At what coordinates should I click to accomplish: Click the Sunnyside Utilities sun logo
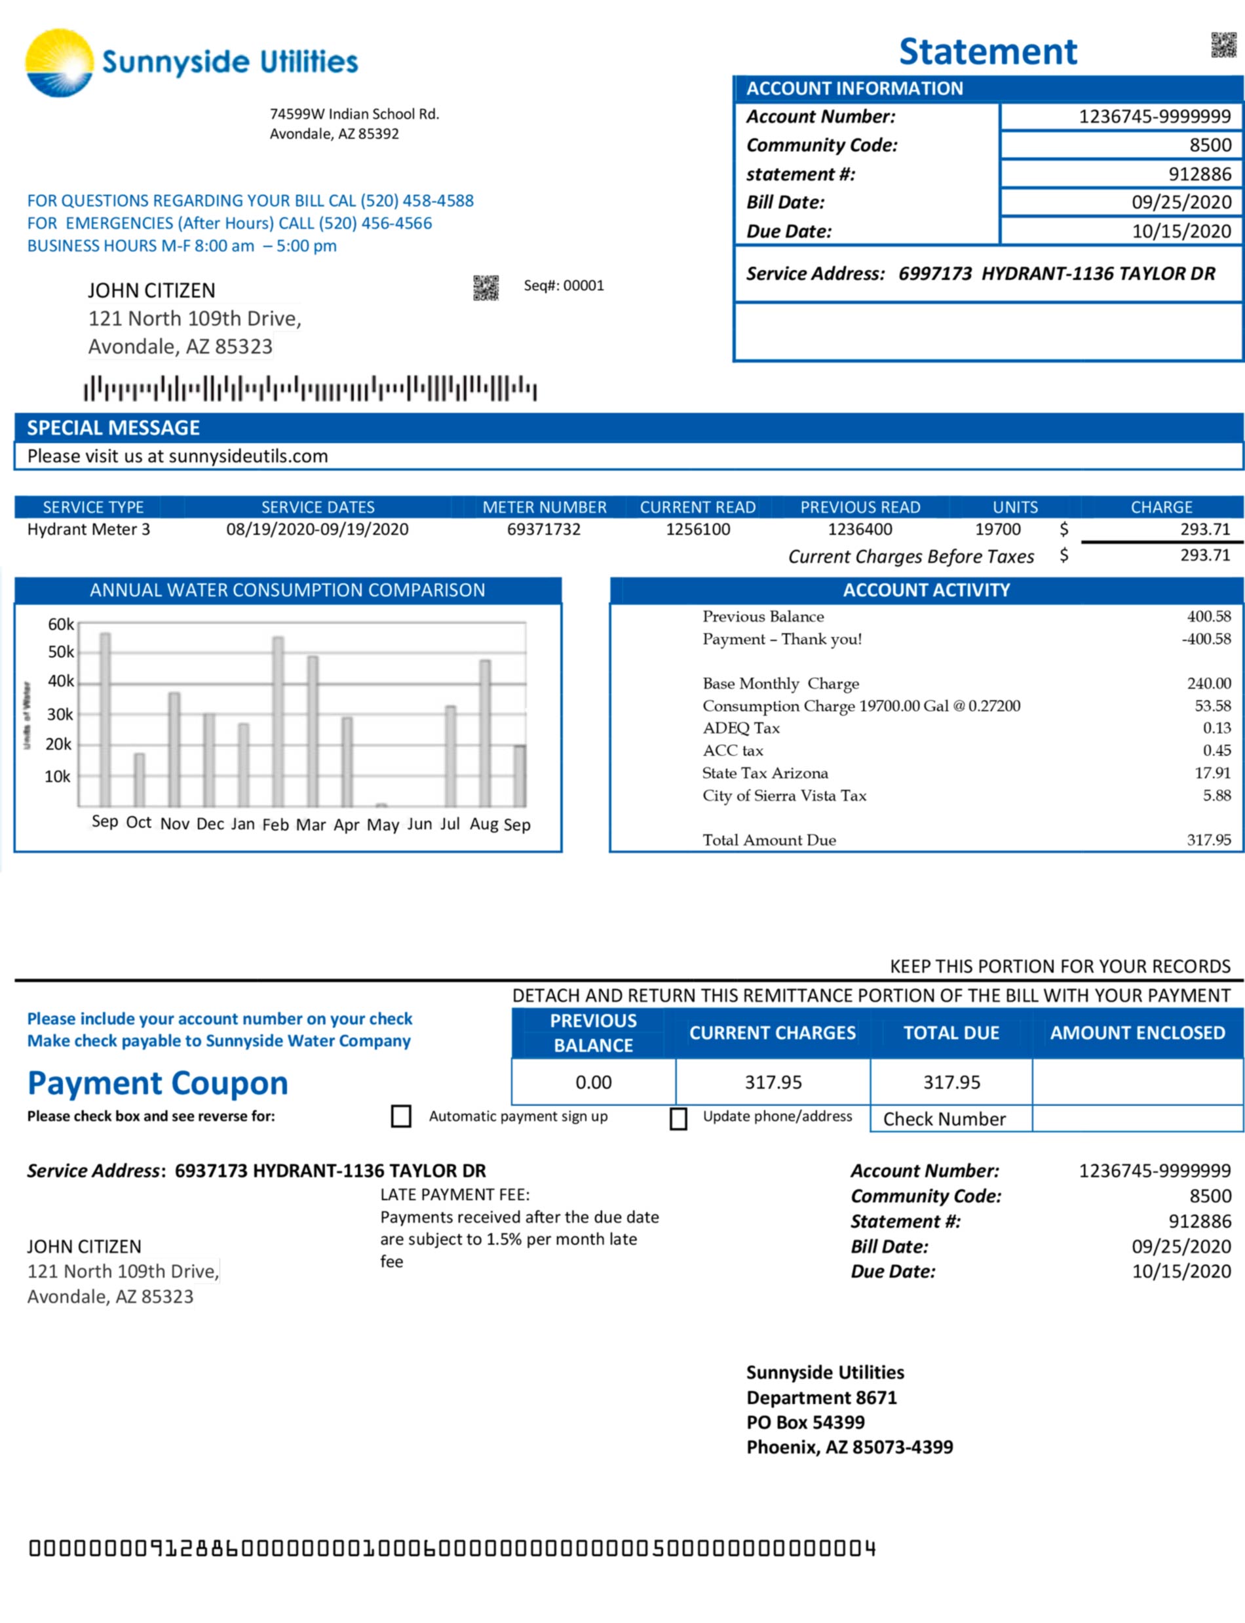pyautogui.click(x=59, y=63)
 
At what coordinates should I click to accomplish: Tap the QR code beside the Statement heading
pyautogui.click(x=1223, y=45)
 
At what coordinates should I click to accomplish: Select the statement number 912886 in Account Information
pyautogui.click(x=1199, y=174)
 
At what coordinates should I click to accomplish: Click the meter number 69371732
pyautogui.click(x=543, y=530)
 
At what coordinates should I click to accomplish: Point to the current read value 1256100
pyautogui.click(x=697, y=530)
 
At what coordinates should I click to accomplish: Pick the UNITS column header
pyautogui.click(x=1014, y=507)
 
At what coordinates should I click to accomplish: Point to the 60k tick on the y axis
pyautogui.click(x=61, y=624)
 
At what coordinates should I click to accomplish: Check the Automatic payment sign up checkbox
pyautogui.click(x=401, y=1116)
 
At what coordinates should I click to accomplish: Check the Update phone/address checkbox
pyautogui.click(x=678, y=1118)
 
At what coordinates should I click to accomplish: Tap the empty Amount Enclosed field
pyautogui.click(x=1137, y=1082)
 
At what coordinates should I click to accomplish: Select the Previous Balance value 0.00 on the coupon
pyautogui.click(x=594, y=1082)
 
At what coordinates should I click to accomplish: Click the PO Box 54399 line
pyautogui.click(x=805, y=1422)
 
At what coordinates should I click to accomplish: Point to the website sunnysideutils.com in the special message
pyautogui.click(x=248, y=456)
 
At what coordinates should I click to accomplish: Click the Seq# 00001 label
pyautogui.click(x=564, y=285)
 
